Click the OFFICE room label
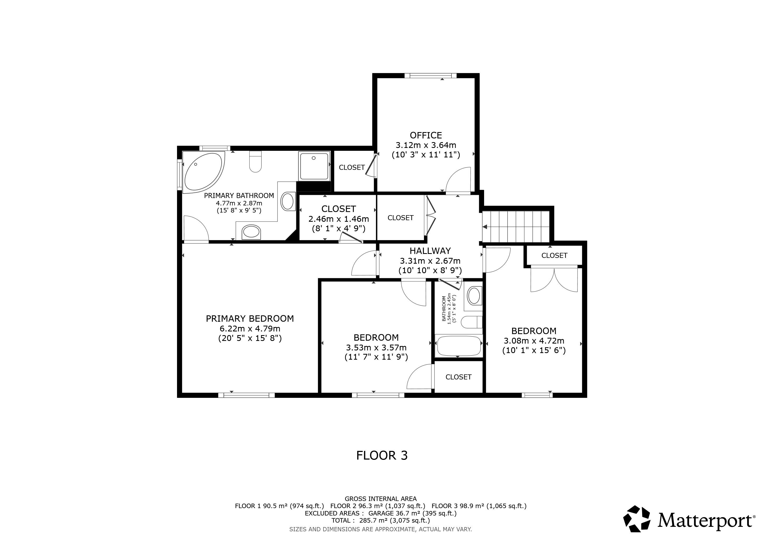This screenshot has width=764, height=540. tap(426, 135)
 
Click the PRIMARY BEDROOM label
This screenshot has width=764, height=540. tap(250, 319)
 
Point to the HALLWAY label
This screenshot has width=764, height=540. tap(430, 251)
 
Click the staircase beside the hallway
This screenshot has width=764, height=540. tap(515, 226)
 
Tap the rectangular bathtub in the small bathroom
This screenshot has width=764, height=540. tap(459, 346)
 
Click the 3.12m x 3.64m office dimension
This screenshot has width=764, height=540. tap(426, 145)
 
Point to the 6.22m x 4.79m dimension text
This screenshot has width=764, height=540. tap(250, 329)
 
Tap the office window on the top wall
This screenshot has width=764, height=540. tap(431, 75)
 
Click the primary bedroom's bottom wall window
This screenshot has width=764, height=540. tap(247, 395)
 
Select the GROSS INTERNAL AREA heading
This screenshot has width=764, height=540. tap(381, 499)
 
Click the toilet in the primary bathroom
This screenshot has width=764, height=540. tap(256, 162)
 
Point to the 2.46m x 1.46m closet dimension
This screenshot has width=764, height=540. tap(339, 219)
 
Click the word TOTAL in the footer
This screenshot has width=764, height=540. tap(341, 521)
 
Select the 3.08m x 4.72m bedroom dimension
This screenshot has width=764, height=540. tap(534, 341)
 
